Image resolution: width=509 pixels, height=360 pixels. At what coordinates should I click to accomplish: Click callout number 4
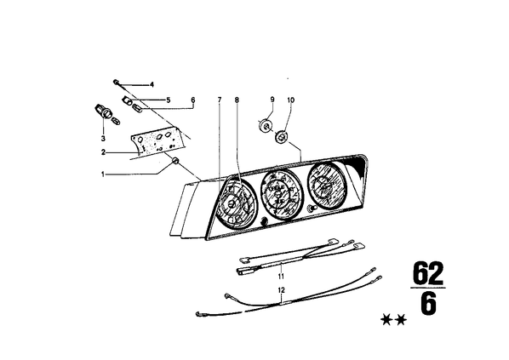coord(152,85)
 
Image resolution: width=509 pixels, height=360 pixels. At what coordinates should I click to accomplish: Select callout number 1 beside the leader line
coord(103,174)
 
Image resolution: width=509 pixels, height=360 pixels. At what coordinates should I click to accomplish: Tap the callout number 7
coord(220,100)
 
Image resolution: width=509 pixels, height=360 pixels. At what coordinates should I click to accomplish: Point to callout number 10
coord(291,100)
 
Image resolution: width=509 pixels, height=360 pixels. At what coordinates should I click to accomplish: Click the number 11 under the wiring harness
coord(281,277)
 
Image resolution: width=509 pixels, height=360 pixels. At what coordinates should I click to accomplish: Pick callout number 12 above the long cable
coord(281,289)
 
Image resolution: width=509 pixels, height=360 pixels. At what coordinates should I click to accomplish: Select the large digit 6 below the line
coord(428,304)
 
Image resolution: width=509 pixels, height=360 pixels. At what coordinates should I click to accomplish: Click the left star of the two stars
coord(386,320)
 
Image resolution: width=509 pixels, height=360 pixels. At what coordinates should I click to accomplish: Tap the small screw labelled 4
coord(116,82)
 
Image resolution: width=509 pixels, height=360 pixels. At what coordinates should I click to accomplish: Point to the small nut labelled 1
coord(175,160)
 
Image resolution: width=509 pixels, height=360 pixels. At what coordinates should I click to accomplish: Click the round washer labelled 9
coord(266,124)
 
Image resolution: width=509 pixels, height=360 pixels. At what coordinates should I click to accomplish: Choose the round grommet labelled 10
coord(281,136)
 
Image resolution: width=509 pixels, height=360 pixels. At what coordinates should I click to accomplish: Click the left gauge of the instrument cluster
coord(235,204)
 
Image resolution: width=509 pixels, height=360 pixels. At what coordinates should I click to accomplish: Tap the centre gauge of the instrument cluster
coord(282,196)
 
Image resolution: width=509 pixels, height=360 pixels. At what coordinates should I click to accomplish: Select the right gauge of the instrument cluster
coord(326,186)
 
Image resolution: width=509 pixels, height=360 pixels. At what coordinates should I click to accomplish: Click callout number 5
coord(169,100)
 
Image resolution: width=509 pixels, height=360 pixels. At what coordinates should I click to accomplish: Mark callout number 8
coord(237,100)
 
